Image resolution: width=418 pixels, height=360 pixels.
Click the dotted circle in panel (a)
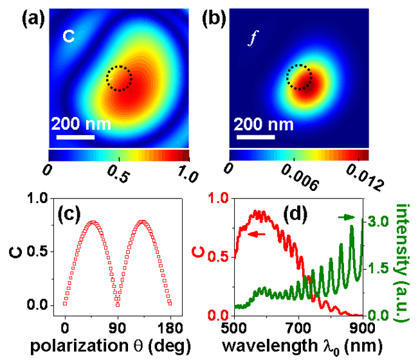(x=118, y=78)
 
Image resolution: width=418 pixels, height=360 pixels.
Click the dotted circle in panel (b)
(x=298, y=77)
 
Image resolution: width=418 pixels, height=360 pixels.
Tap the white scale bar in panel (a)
(x=75, y=136)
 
